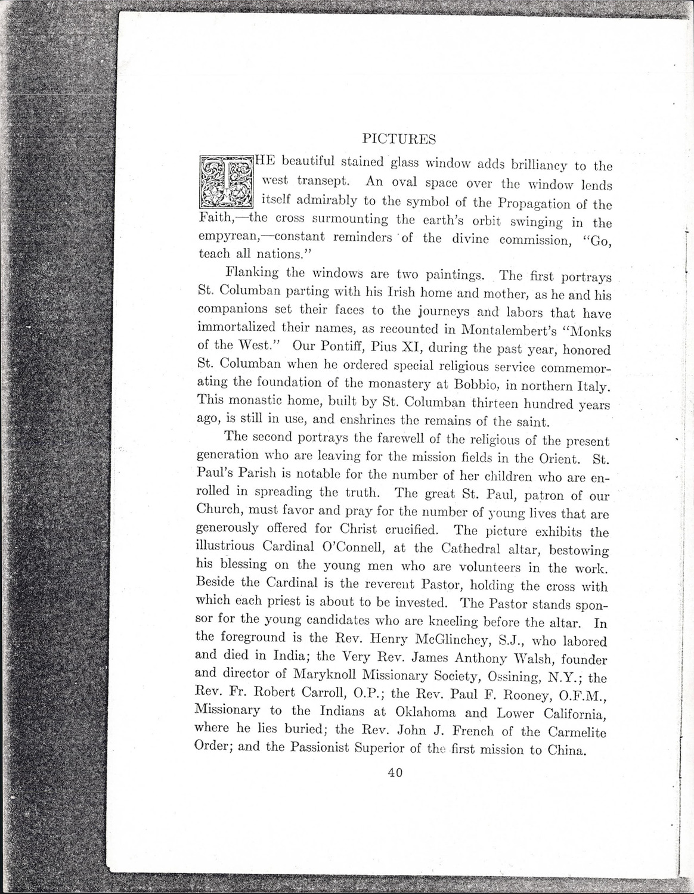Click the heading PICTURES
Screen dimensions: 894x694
[399, 139]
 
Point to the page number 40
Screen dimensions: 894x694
[395, 773]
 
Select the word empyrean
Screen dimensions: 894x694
[227, 237]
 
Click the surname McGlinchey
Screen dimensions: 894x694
[446, 641]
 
